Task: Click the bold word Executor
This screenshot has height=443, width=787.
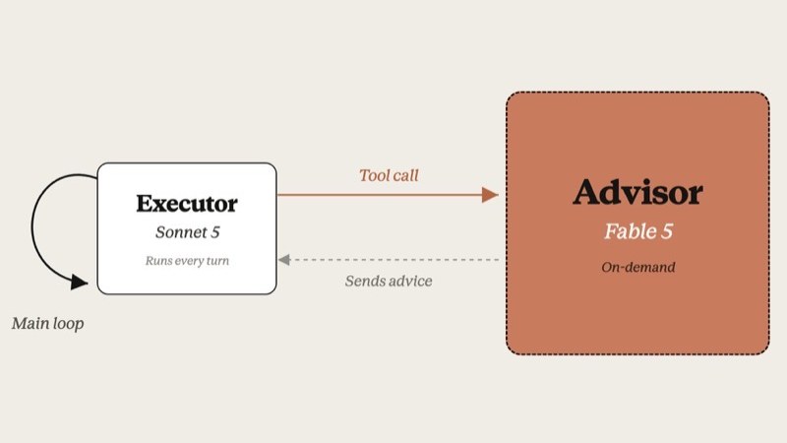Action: (187, 204)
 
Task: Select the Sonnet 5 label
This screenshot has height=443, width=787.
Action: (187, 232)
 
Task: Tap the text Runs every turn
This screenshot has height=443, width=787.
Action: (187, 261)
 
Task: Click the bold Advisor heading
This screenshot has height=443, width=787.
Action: (637, 192)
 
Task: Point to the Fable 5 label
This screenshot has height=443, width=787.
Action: (637, 231)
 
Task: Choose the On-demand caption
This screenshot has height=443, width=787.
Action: (637, 267)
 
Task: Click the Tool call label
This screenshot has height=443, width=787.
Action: (389, 175)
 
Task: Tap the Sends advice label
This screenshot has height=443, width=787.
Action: (389, 281)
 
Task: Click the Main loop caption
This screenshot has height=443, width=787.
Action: (47, 324)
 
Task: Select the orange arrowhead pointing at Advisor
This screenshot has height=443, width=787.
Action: (490, 195)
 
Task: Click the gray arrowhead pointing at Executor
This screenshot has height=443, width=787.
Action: (284, 260)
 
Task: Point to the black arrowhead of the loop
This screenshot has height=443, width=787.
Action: (79, 282)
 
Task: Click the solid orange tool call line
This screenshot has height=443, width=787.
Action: (380, 195)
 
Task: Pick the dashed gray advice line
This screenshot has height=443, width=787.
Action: (394, 260)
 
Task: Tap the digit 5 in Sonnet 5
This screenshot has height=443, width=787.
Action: (214, 232)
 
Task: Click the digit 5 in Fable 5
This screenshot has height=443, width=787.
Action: (667, 231)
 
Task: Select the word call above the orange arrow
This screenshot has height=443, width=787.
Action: (404, 175)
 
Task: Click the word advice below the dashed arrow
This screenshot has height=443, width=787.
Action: (410, 281)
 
